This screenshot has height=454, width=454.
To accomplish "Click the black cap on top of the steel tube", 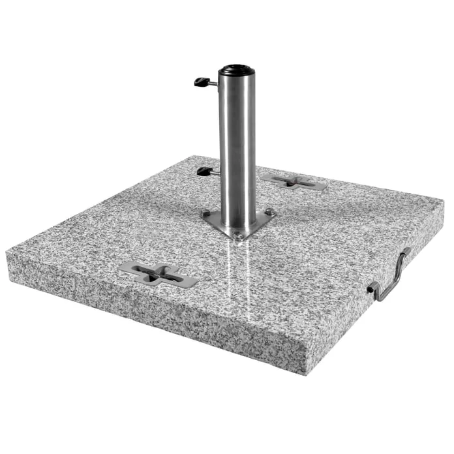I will [236, 70].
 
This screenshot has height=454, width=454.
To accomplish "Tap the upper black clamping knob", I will [202, 82].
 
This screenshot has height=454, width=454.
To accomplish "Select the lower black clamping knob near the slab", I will [204, 172].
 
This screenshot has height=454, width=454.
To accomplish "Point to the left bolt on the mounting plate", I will [207, 213].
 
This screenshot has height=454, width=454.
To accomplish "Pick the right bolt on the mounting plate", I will [269, 211].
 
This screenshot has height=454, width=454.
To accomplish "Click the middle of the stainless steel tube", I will [237, 150].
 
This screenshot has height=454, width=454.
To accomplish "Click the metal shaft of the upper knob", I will [213, 84].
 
